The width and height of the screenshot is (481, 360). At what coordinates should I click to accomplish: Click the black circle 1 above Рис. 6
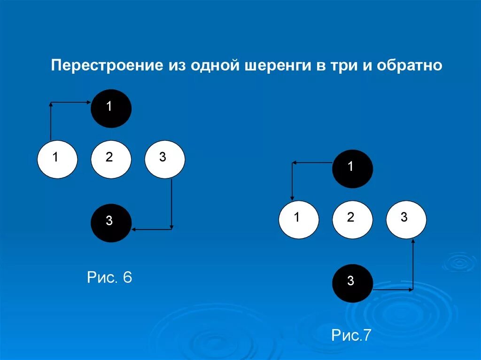(111, 108)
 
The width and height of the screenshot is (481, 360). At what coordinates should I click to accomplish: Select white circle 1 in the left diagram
(57, 159)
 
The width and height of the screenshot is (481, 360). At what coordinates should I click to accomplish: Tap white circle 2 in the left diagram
(110, 159)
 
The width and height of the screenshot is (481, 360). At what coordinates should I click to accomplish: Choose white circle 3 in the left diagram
(164, 159)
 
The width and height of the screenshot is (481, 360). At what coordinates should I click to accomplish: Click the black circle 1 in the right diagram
(352, 169)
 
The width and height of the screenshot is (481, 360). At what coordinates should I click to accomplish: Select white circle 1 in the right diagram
(299, 219)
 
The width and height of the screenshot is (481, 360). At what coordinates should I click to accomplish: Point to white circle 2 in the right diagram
(352, 219)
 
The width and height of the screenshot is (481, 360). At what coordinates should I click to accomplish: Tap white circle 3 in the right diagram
(406, 219)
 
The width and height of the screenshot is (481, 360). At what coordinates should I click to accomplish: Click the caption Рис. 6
(110, 277)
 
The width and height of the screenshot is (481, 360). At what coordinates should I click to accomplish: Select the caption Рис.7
(351, 335)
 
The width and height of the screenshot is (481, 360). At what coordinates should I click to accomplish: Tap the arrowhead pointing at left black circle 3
(134, 229)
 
